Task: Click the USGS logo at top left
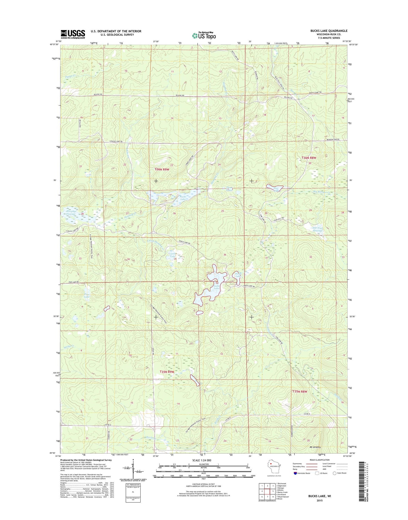click(x=73, y=34)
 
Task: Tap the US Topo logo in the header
click(x=204, y=36)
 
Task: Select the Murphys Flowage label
click(x=71, y=212)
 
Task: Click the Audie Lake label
click(x=216, y=287)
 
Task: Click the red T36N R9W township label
click(x=162, y=169)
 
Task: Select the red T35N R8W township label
click(x=300, y=392)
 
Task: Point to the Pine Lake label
click(x=87, y=296)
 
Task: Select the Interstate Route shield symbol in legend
click(x=295, y=473)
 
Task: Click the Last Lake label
click(x=173, y=255)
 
